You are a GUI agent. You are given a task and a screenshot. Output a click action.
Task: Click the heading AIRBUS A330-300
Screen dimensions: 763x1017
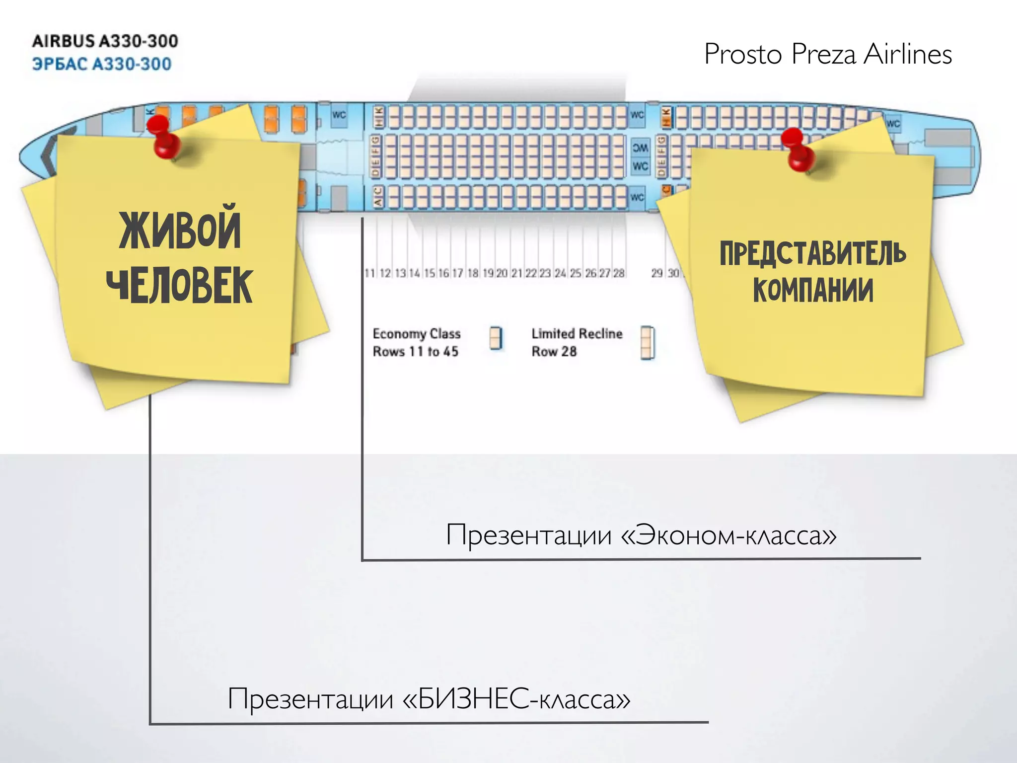[105, 41]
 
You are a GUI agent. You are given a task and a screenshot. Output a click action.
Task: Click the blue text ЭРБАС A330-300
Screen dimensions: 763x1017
[102, 64]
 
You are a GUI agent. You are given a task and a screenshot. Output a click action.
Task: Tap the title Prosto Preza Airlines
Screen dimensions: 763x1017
[828, 54]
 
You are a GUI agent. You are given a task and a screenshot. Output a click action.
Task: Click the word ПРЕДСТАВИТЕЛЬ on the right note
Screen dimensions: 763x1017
[813, 253]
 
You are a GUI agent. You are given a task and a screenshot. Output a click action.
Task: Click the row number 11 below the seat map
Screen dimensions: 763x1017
[369, 273]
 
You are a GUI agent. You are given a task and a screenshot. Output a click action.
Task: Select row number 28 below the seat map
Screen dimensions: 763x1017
[619, 273]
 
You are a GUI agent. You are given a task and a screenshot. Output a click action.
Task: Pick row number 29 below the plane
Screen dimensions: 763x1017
[657, 273]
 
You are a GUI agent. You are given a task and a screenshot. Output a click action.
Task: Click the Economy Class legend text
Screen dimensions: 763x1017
[417, 334]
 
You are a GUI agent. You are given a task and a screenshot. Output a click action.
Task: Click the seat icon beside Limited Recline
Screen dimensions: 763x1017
[648, 342]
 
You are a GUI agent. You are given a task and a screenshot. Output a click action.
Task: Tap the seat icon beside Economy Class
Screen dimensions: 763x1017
[496, 338]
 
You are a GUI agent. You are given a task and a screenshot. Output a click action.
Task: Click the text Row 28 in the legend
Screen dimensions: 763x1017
[554, 352]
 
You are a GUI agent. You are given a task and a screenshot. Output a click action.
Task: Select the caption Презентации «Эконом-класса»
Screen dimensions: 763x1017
[641, 535]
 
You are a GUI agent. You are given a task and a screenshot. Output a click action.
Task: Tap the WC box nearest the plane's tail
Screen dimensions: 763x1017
[893, 124]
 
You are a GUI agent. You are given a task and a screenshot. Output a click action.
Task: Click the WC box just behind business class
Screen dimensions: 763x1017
[339, 115]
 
